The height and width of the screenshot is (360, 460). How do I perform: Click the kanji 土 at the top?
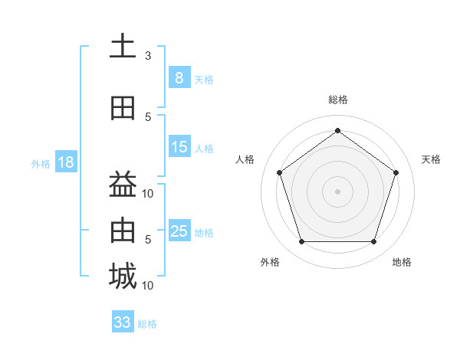pos(123,47)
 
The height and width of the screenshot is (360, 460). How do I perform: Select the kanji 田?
pos(123,108)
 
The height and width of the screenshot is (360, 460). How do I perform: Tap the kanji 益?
pos(123,185)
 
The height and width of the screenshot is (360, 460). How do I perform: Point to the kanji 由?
pos(123,231)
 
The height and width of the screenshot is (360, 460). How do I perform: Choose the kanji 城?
pos(123,277)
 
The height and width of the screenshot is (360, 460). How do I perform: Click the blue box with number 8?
pos(179,78)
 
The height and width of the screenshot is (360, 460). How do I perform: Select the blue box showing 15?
pos(179,147)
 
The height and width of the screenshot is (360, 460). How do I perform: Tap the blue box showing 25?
pos(179,231)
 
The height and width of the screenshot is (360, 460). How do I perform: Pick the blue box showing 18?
pos(65,162)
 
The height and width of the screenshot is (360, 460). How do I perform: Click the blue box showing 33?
pos(123,322)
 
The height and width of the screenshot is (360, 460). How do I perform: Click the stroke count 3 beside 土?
pos(148,56)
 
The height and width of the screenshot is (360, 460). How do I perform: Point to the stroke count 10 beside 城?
pos(149,286)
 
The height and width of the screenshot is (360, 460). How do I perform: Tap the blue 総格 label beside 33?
pos(147,324)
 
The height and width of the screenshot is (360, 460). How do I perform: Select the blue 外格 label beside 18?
pos(41,164)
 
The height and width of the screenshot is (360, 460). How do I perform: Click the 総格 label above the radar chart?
pos(337,100)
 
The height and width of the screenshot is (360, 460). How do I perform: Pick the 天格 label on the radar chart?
pos(431,159)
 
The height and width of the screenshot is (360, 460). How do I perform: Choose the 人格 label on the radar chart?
pos(245,159)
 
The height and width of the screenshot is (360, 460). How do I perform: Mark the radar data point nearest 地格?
pos(373,242)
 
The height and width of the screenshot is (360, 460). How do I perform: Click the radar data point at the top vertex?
pos(337,130)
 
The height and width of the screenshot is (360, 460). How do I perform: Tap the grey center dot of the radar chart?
pos(337,191)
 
